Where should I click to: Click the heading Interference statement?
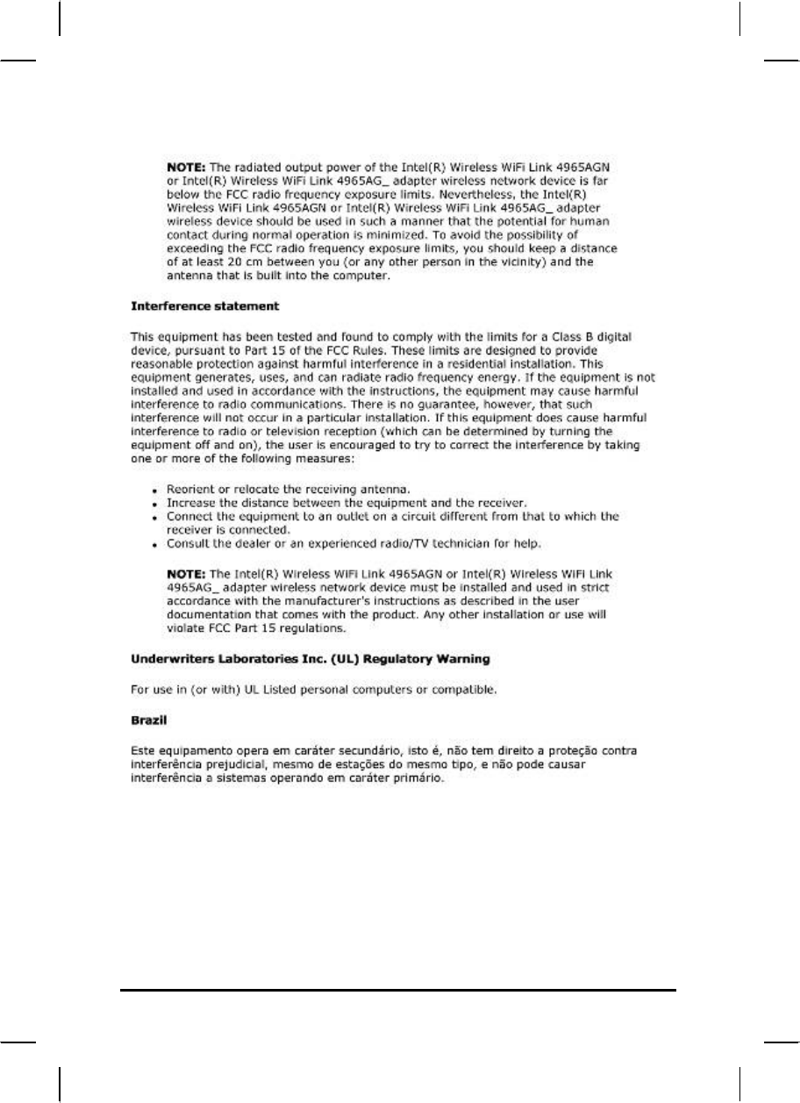(x=204, y=307)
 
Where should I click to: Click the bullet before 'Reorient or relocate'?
(x=154, y=489)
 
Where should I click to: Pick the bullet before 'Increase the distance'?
(x=154, y=505)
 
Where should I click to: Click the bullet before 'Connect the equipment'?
(x=154, y=517)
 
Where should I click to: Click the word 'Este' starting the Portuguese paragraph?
(x=141, y=751)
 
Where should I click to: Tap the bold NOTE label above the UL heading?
(x=185, y=573)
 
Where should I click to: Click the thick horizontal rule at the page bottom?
(x=399, y=992)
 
